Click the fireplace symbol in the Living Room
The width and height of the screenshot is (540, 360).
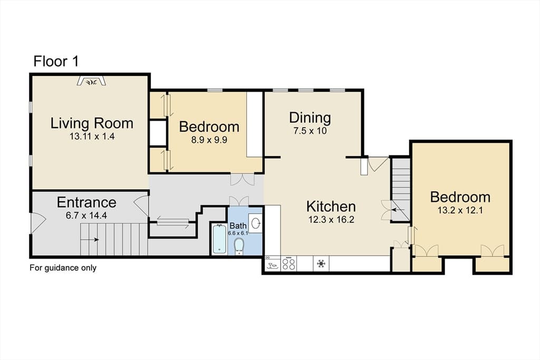tap(91, 81)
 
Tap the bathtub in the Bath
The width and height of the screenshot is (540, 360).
tap(219, 239)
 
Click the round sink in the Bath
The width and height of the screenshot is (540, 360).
tap(256, 223)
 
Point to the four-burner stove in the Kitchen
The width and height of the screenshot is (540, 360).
tap(289, 264)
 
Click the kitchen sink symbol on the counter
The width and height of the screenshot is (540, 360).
tap(273, 264)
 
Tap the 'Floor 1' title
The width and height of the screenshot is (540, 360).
tap(56, 61)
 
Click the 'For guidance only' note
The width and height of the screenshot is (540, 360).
tap(63, 268)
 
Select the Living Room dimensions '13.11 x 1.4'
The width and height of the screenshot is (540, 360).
tap(92, 137)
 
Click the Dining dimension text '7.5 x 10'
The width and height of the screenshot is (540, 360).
tap(310, 131)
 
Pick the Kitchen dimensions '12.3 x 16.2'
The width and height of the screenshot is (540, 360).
tap(331, 220)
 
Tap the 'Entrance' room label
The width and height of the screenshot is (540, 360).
tap(86, 202)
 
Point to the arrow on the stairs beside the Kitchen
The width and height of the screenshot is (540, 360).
tap(399, 209)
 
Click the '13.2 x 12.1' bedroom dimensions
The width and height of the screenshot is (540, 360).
tap(460, 210)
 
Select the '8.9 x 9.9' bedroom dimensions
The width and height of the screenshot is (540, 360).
tap(209, 140)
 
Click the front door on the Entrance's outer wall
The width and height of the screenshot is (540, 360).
tap(38, 222)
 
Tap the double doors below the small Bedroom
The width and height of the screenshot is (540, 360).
tap(243, 180)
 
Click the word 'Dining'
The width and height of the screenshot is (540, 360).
tap(310, 118)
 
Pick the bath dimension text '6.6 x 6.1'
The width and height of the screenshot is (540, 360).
tap(238, 233)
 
